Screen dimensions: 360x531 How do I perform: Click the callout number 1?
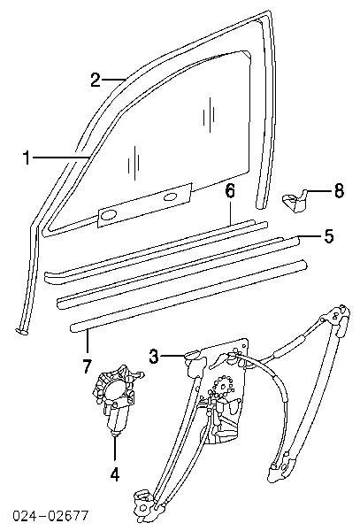click(x=26, y=158)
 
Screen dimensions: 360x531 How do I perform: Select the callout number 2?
click(x=96, y=80)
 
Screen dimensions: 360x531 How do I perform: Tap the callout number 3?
click(x=154, y=357)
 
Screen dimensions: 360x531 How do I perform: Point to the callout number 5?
click(x=328, y=235)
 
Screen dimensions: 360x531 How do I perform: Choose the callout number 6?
click(x=230, y=192)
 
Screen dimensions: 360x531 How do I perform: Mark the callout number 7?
click(x=87, y=366)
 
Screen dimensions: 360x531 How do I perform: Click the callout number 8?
click(x=339, y=190)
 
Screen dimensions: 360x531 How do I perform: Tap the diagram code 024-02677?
click(x=50, y=516)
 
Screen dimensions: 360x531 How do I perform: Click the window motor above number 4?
click(x=117, y=400)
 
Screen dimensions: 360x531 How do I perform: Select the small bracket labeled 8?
click(x=294, y=201)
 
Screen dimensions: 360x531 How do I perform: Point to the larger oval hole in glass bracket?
click(x=108, y=215)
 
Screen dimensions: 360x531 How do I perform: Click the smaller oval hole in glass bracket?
click(x=171, y=197)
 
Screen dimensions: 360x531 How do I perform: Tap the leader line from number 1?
click(x=60, y=158)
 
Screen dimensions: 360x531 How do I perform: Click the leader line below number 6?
click(x=230, y=212)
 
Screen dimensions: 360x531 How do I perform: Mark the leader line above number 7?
click(x=87, y=342)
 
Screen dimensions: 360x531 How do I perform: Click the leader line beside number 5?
click(x=310, y=236)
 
